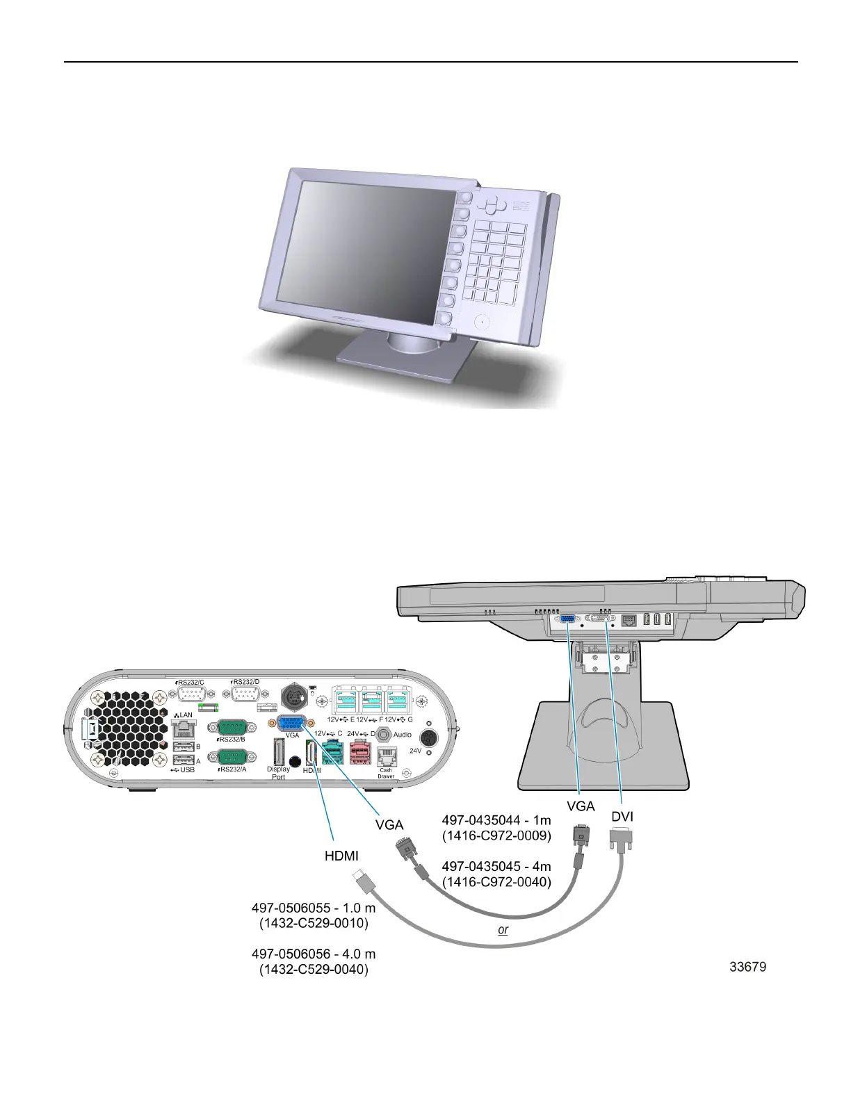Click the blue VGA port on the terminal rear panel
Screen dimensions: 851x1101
point(292,722)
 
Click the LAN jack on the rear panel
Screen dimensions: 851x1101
point(184,728)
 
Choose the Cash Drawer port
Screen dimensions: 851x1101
point(386,756)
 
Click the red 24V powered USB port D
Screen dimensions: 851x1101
point(360,752)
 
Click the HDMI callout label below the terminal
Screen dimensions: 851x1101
point(342,856)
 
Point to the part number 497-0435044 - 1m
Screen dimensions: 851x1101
point(496,820)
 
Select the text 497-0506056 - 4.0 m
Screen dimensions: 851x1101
point(314,954)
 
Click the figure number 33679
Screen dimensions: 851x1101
point(748,966)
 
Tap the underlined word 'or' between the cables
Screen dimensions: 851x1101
point(503,929)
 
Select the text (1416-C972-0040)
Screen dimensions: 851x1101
point(496,882)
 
